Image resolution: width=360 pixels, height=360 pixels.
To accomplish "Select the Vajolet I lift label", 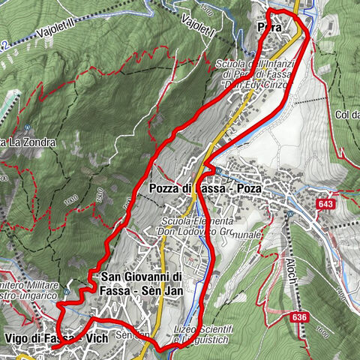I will click(199, 23).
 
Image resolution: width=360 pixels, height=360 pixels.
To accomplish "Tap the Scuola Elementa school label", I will click(199, 223).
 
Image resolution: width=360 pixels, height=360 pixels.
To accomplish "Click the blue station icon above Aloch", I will click(289, 215).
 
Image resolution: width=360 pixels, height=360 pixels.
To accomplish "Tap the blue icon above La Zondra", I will click(27, 126).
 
